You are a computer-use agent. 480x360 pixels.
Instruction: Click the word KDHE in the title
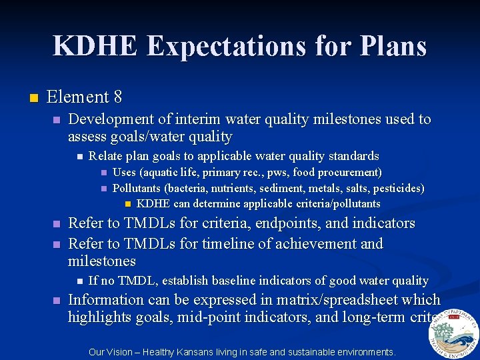[x=96, y=46]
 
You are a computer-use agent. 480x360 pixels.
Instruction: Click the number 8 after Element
[x=117, y=97]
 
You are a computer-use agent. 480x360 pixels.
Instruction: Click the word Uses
[x=124, y=173]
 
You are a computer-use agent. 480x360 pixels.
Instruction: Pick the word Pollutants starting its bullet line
[x=137, y=188]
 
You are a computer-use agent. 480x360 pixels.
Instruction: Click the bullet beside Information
[x=57, y=301]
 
